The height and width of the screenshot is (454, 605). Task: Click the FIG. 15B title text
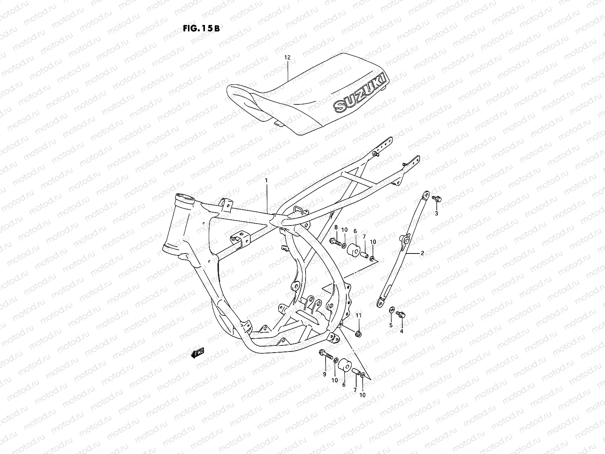[x=199, y=29]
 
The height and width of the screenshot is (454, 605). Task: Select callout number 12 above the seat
[x=287, y=58]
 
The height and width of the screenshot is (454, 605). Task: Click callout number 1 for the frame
[x=266, y=181]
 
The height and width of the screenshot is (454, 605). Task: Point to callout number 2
[x=422, y=253]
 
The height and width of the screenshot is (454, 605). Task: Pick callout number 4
[x=402, y=331]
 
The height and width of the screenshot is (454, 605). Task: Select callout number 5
[x=391, y=325]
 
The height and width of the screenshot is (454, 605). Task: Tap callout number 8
[x=335, y=227]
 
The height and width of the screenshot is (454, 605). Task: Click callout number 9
[x=324, y=374]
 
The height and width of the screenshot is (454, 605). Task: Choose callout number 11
[x=358, y=315]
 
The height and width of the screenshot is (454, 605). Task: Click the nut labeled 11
[x=358, y=333]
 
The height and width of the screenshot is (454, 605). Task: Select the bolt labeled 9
[x=326, y=354]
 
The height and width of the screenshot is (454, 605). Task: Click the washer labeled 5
[x=391, y=310]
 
